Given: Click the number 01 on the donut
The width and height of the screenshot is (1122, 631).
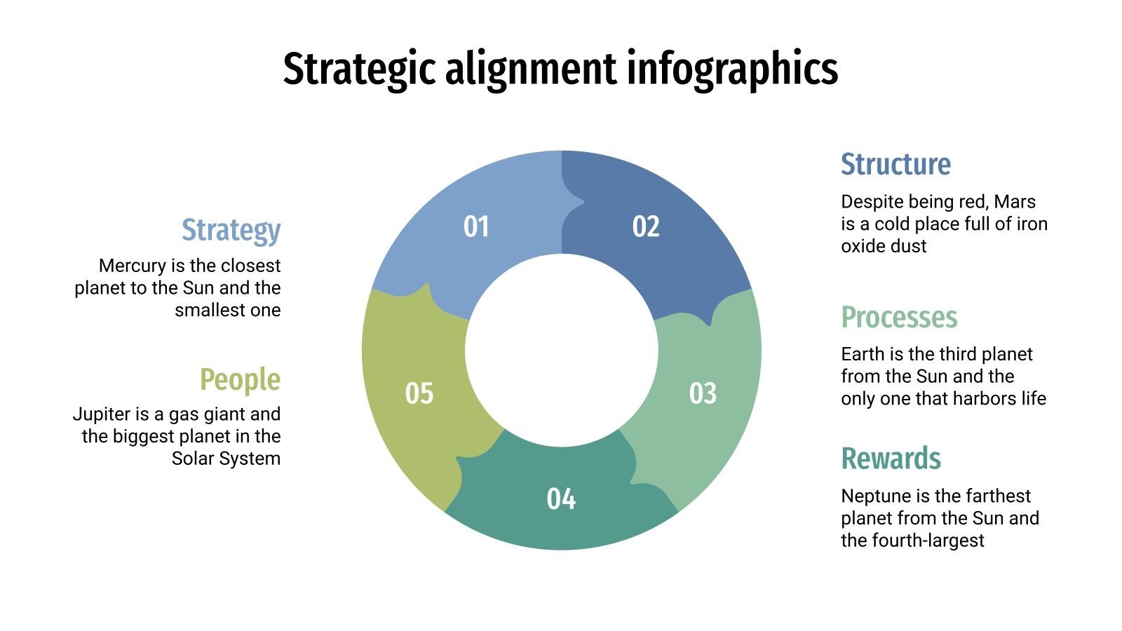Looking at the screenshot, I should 476,226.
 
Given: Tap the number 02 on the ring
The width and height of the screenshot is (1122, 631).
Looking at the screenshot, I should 646,226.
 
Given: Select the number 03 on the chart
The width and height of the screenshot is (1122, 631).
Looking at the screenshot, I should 703,393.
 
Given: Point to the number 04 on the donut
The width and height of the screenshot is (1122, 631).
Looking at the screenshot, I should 561,498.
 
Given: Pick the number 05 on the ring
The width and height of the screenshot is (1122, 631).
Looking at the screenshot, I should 419,393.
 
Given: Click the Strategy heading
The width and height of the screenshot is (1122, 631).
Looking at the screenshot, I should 231,230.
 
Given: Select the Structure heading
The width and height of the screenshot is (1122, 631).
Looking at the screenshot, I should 895,164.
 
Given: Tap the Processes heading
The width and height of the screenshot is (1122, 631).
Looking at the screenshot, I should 899,317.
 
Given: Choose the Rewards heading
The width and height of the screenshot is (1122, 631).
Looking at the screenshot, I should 891,459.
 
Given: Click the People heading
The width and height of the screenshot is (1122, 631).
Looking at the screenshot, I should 240,379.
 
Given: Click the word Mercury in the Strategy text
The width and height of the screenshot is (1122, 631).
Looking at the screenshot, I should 132,266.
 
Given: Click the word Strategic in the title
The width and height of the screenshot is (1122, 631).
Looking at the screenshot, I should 358,69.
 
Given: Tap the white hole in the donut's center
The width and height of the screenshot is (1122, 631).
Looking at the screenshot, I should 561,351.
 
